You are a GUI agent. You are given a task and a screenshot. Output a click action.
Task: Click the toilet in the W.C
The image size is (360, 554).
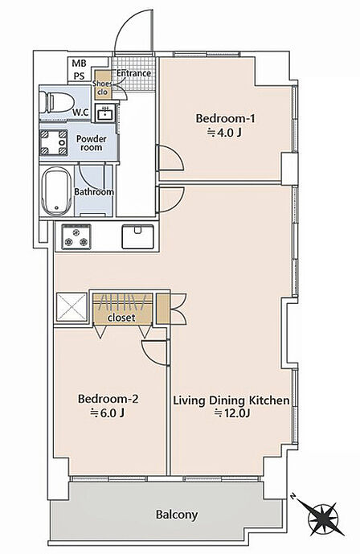point(55,102)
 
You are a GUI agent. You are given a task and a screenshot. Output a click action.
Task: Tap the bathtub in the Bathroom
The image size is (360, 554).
point(56,191)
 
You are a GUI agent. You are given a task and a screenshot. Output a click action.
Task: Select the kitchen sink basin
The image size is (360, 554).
point(137,236)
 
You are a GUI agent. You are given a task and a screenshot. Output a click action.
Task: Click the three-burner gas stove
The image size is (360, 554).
point(76,236)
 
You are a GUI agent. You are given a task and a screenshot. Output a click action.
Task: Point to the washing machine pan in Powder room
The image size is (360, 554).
point(53,142)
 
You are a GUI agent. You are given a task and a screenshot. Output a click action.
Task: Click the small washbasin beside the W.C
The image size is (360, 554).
point(104,113)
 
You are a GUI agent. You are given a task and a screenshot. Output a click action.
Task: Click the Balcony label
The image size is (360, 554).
point(177,515)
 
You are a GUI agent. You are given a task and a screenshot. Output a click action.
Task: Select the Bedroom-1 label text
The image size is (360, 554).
point(225,118)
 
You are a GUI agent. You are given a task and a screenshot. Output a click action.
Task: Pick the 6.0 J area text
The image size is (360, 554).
point(108,412)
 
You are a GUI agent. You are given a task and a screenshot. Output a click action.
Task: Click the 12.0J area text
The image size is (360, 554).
point(232,412)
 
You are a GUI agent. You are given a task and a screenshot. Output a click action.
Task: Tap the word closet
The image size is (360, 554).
point(121,318)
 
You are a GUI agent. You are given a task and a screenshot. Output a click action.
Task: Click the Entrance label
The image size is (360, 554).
point(133,73)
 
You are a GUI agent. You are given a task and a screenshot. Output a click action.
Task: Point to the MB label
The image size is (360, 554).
point(79,64)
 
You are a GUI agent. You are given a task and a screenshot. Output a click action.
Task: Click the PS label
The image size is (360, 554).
point(79,76)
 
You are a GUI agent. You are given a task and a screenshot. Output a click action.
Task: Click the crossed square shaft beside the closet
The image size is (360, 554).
point(72,306)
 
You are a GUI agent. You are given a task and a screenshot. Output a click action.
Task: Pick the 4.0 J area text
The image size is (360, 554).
point(225,133)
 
